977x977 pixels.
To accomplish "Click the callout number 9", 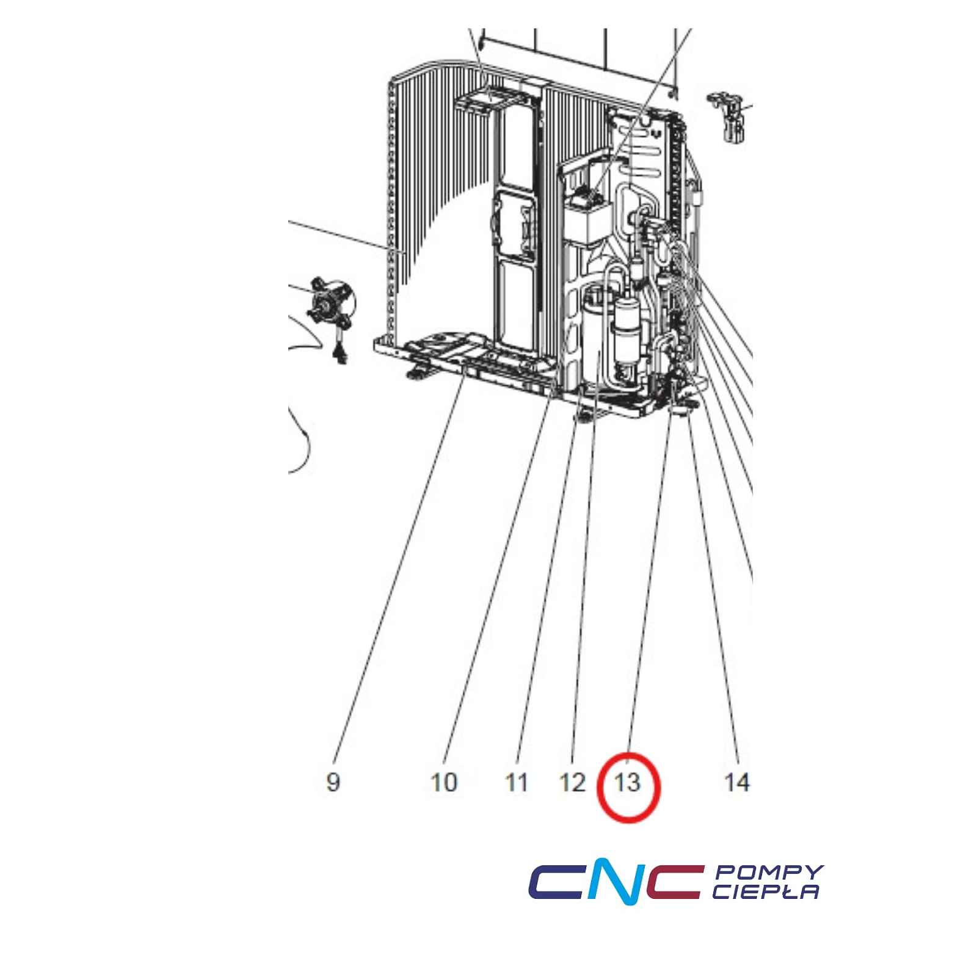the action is click(333, 782).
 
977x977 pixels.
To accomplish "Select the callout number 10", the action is click(444, 782).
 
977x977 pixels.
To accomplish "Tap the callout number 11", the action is click(517, 782).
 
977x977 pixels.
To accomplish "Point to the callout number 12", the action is click(572, 782).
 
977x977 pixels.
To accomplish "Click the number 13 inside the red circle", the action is click(628, 782).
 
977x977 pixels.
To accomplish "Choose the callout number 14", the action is click(736, 782).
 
